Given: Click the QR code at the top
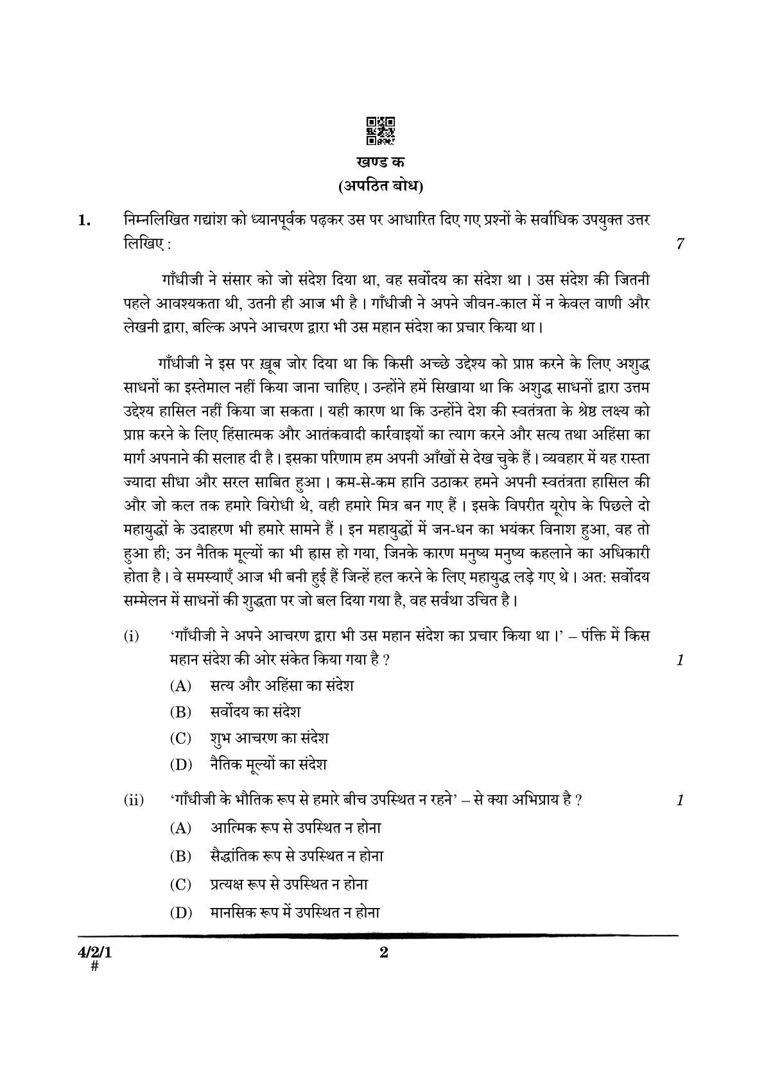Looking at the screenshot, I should click(x=381, y=130).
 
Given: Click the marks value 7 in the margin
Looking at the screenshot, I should click(x=680, y=244).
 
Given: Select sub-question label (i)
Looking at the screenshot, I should click(x=131, y=637).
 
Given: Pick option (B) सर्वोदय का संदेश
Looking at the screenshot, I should click(x=256, y=712).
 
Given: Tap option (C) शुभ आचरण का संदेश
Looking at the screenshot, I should click(x=269, y=738).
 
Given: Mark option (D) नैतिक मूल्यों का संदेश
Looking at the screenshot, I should click(x=268, y=764).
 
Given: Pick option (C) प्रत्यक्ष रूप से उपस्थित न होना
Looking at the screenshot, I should click(x=289, y=884).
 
